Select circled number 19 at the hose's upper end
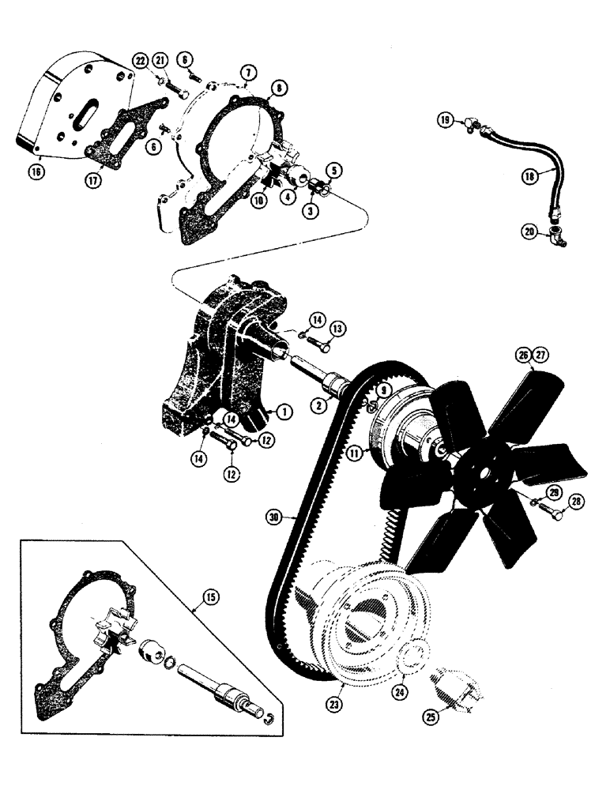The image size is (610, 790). pos(446,120)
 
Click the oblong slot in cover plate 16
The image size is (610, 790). pos(82,115)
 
